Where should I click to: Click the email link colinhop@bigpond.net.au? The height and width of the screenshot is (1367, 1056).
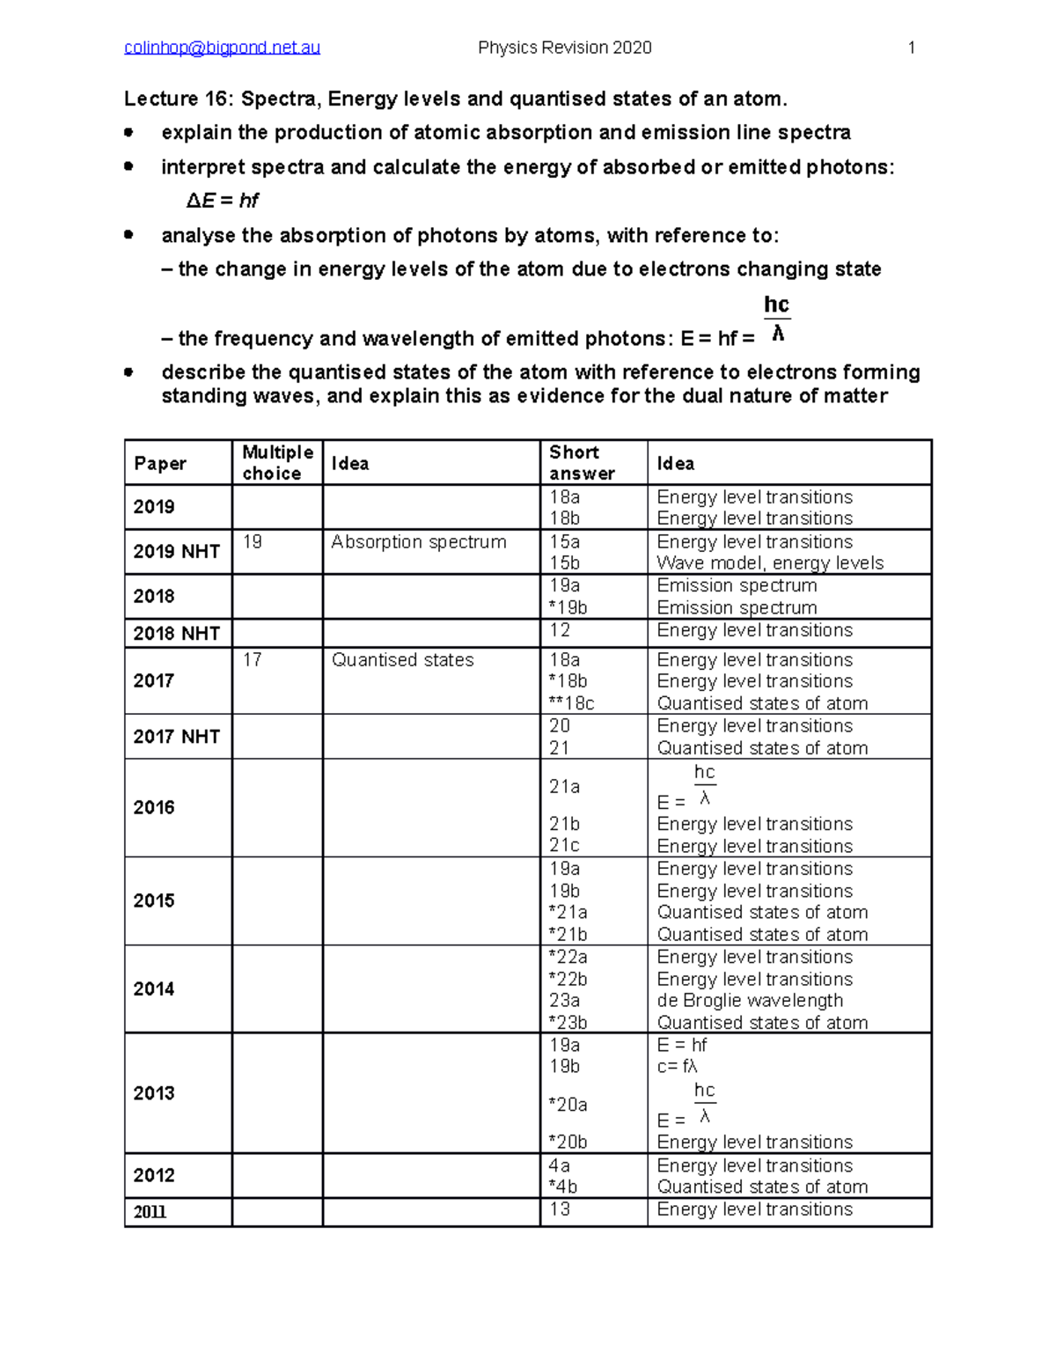222,48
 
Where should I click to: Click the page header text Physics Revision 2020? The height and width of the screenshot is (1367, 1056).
564,48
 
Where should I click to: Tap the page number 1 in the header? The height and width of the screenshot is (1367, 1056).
912,48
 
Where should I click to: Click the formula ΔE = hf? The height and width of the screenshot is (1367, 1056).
222,201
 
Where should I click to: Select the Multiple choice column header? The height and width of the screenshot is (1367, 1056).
277,463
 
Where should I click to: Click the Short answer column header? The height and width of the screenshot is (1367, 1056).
581,463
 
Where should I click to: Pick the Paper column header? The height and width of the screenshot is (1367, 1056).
160,464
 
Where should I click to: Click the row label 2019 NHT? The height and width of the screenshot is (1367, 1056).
176,552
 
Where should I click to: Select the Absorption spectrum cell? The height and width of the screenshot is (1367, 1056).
419,542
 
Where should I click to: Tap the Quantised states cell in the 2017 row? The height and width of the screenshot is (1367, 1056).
402,660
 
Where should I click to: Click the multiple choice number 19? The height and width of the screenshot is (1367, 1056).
253,542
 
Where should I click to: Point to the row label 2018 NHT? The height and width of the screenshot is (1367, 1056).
176,633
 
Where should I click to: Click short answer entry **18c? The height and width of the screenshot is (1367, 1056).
571,703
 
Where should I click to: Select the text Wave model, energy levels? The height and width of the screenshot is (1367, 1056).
770,563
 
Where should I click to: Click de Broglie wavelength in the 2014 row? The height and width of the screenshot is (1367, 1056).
750,1001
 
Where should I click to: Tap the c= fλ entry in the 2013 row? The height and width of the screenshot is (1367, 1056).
678,1067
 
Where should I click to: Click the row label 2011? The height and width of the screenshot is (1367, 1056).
150,1212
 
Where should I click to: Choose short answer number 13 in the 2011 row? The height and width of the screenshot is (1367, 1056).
560,1209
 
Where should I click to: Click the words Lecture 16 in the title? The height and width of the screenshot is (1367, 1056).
178,99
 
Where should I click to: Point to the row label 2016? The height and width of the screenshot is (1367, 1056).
154,807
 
